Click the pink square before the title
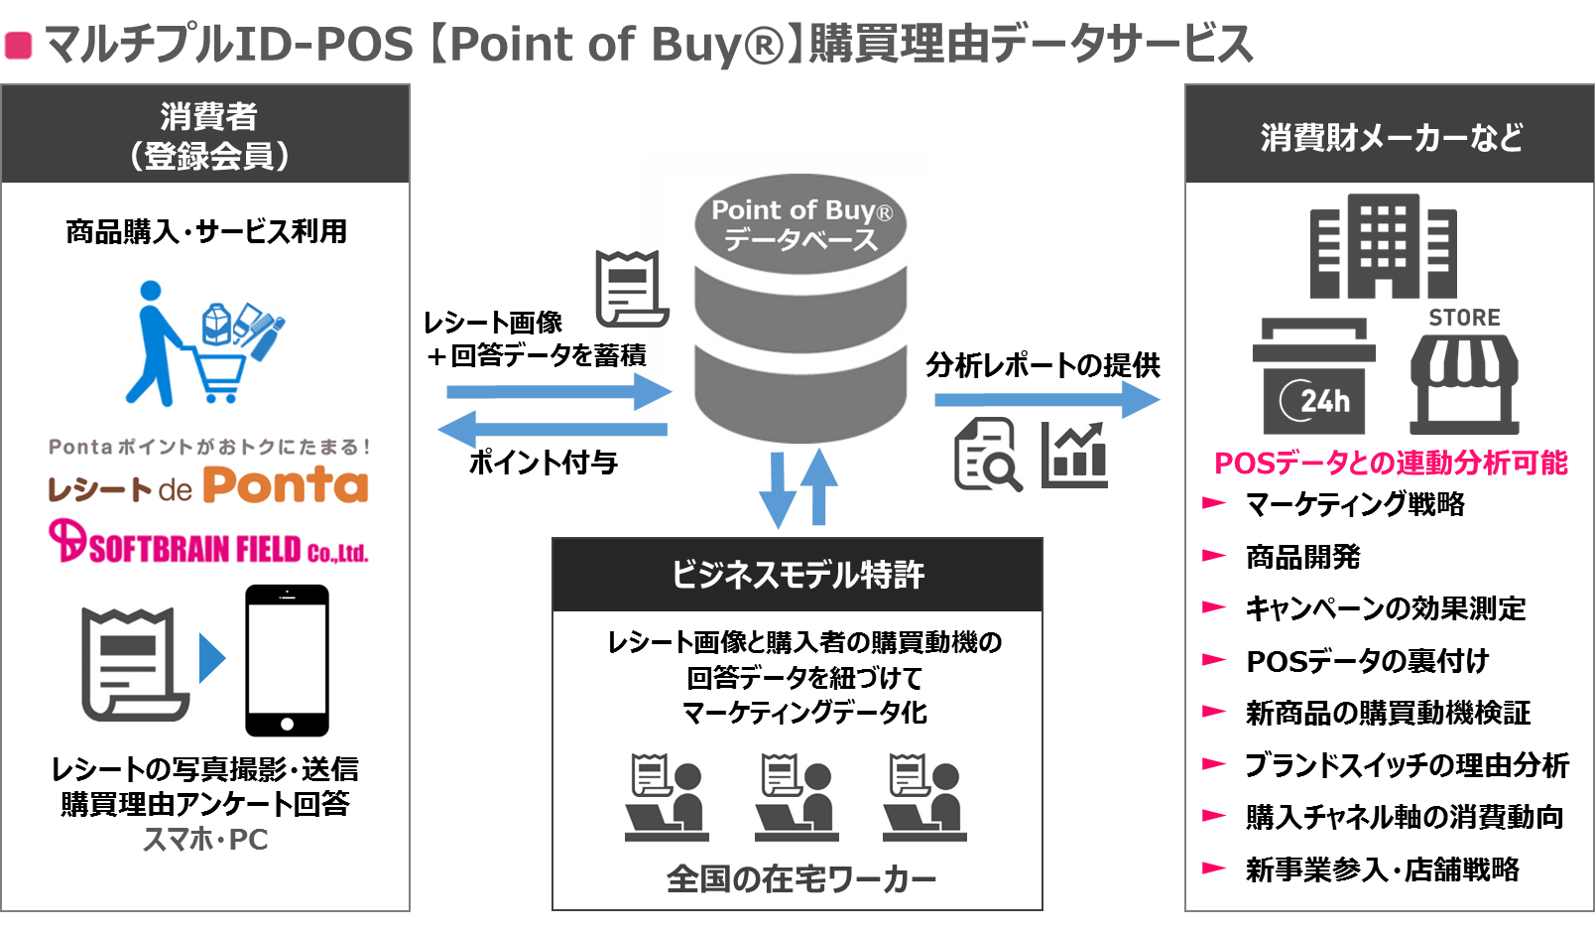tap(18, 45)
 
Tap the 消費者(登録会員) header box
tap(205, 134)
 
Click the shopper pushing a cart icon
tap(203, 342)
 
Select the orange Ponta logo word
tap(286, 485)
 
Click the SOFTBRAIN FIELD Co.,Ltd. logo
tap(208, 542)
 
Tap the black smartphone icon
tap(287, 660)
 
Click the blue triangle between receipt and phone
tap(212, 658)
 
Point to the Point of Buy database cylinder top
tap(800, 223)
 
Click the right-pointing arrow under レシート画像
tap(559, 391)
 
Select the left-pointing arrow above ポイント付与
tap(552, 429)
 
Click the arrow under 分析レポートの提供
tap(1046, 400)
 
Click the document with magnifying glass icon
tap(988, 454)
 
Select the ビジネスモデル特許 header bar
tap(797, 575)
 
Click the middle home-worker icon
tap(797, 797)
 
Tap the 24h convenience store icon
tap(1313, 375)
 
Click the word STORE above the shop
tap(1464, 317)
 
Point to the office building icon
tap(1384, 246)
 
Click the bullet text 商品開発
tap(1303, 557)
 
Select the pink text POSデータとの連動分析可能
tap(1391, 464)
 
